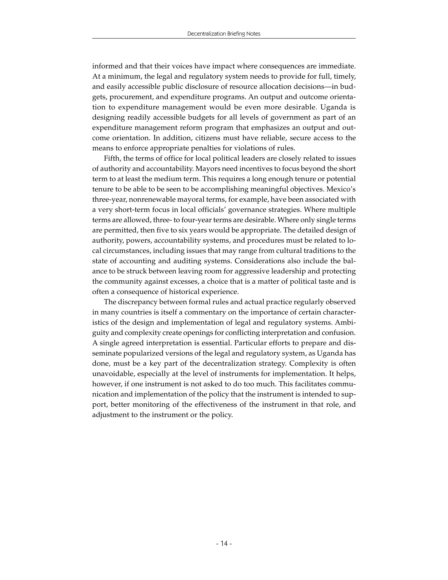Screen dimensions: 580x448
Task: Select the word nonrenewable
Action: pos(142,200)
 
